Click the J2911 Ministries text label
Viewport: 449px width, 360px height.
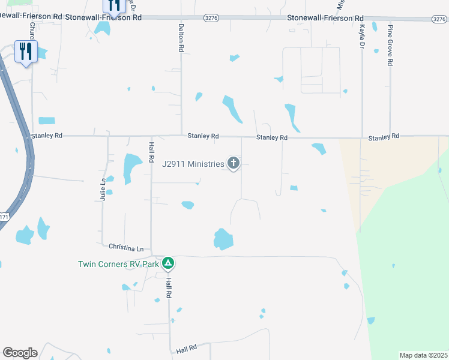coord(193,163)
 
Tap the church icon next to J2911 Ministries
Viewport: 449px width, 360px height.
coord(233,163)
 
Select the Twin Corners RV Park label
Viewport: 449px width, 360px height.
coord(118,264)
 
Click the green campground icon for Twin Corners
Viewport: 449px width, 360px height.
coord(169,263)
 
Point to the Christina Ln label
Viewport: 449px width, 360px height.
coord(127,248)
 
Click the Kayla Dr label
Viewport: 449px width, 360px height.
coord(362,37)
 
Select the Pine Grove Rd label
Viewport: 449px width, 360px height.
coord(390,46)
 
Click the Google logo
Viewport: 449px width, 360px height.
coord(20,353)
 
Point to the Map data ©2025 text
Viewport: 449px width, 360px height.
coord(423,355)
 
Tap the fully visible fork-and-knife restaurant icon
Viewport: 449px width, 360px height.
coord(25,52)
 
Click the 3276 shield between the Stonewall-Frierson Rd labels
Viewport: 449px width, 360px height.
coord(211,19)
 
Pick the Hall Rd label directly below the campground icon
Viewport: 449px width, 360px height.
coord(169,289)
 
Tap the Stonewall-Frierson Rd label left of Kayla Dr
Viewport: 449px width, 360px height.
coord(325,19)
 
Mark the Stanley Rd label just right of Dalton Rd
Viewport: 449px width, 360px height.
coord(203,136)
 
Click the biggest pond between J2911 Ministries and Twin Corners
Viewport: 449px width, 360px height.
coord(223,239)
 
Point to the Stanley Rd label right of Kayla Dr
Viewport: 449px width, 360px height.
coord(384,137)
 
